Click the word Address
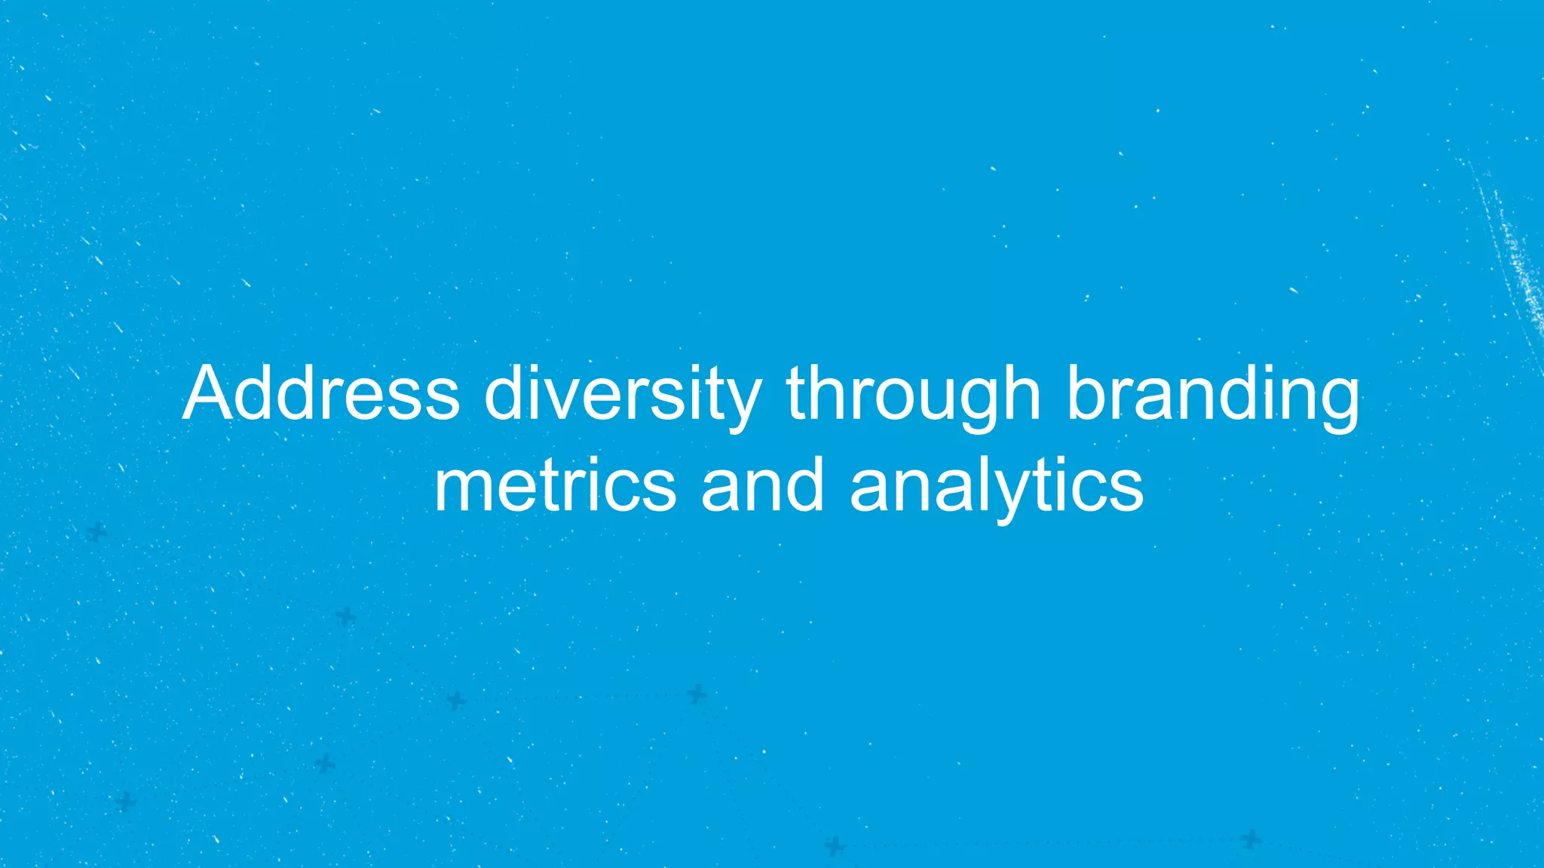(x=320, y=393)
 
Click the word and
(x=762, y=486)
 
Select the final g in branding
(x=1339, y=403)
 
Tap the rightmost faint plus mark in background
(x=1251, y=839)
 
